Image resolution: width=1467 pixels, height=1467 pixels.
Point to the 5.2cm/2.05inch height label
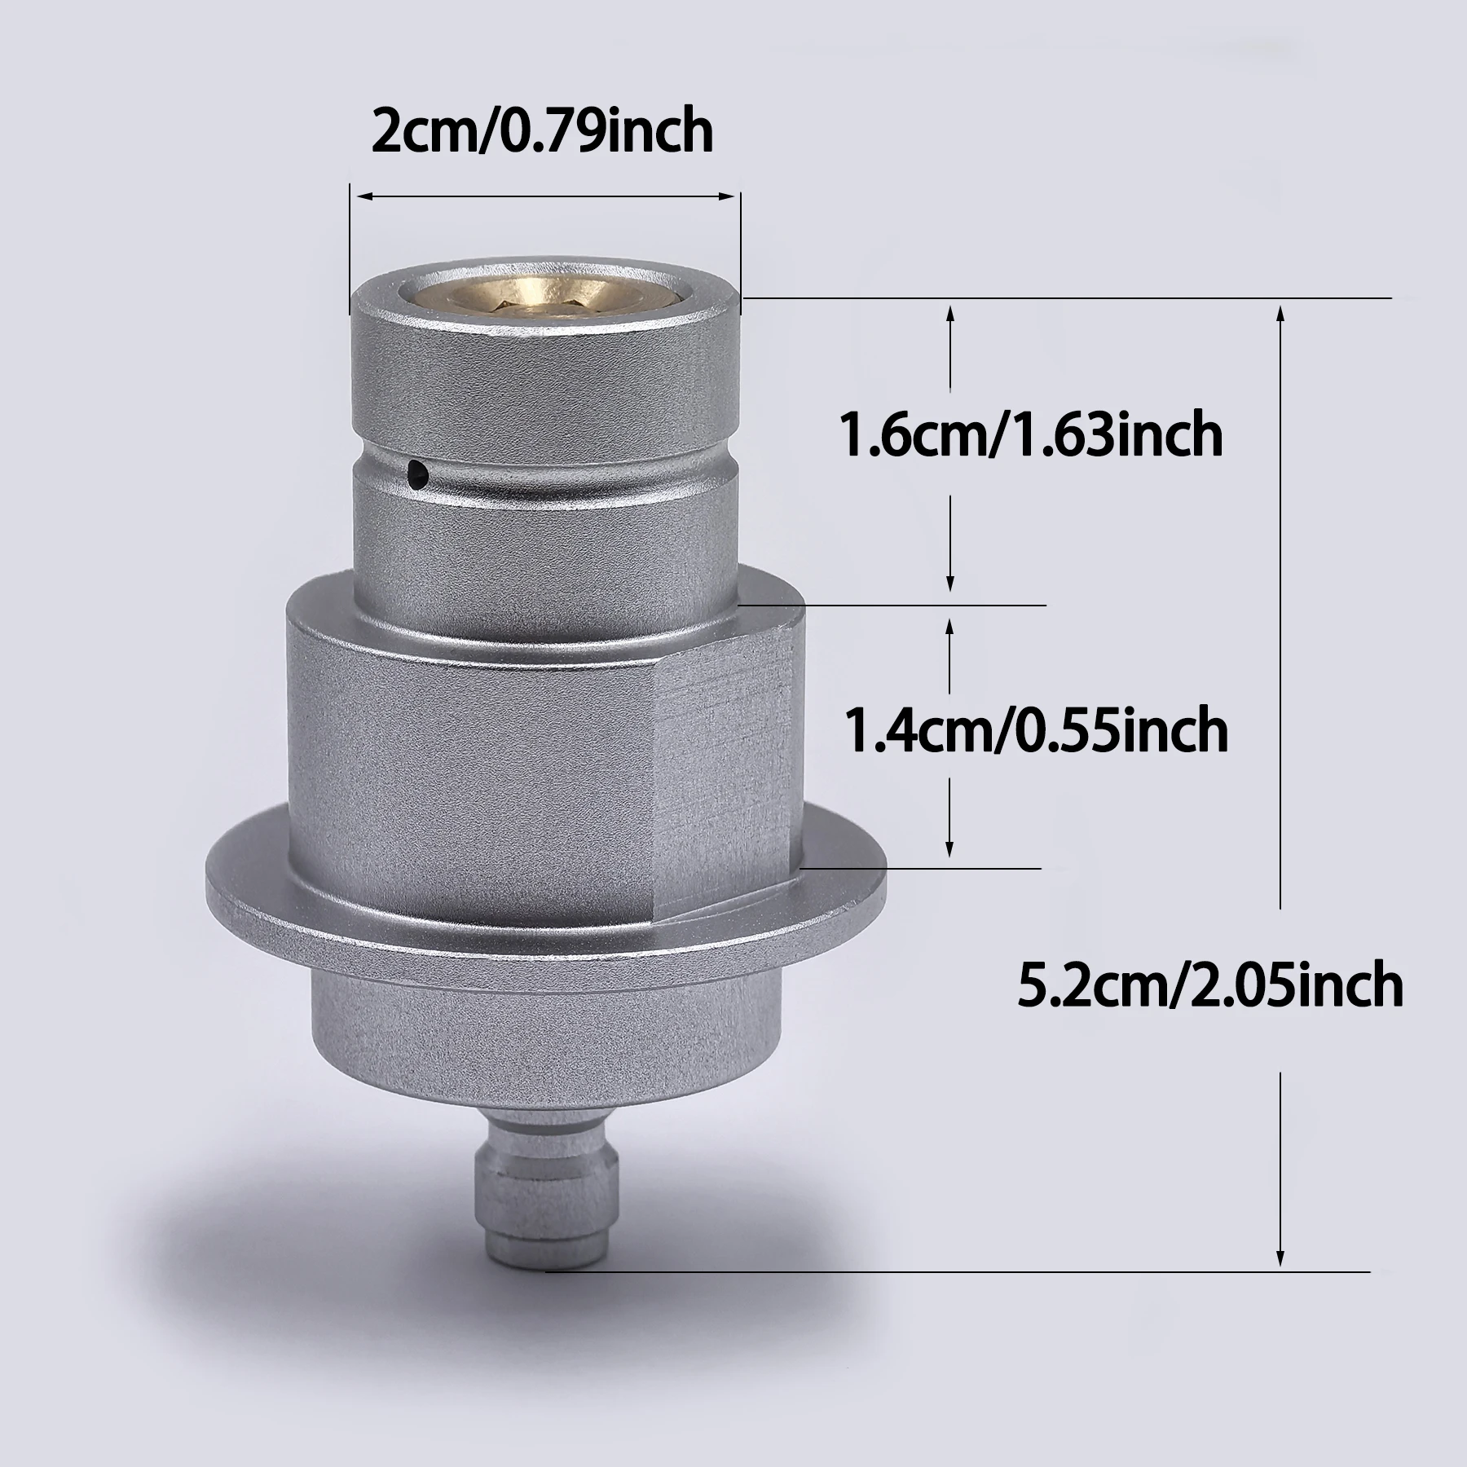(x=1210, y=985)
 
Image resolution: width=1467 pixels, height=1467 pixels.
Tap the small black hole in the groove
(x=417, y=470)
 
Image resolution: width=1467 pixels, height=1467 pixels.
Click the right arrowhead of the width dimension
(x=727, y=196)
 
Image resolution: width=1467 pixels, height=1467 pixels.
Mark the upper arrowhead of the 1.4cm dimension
(x=950, y=623)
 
